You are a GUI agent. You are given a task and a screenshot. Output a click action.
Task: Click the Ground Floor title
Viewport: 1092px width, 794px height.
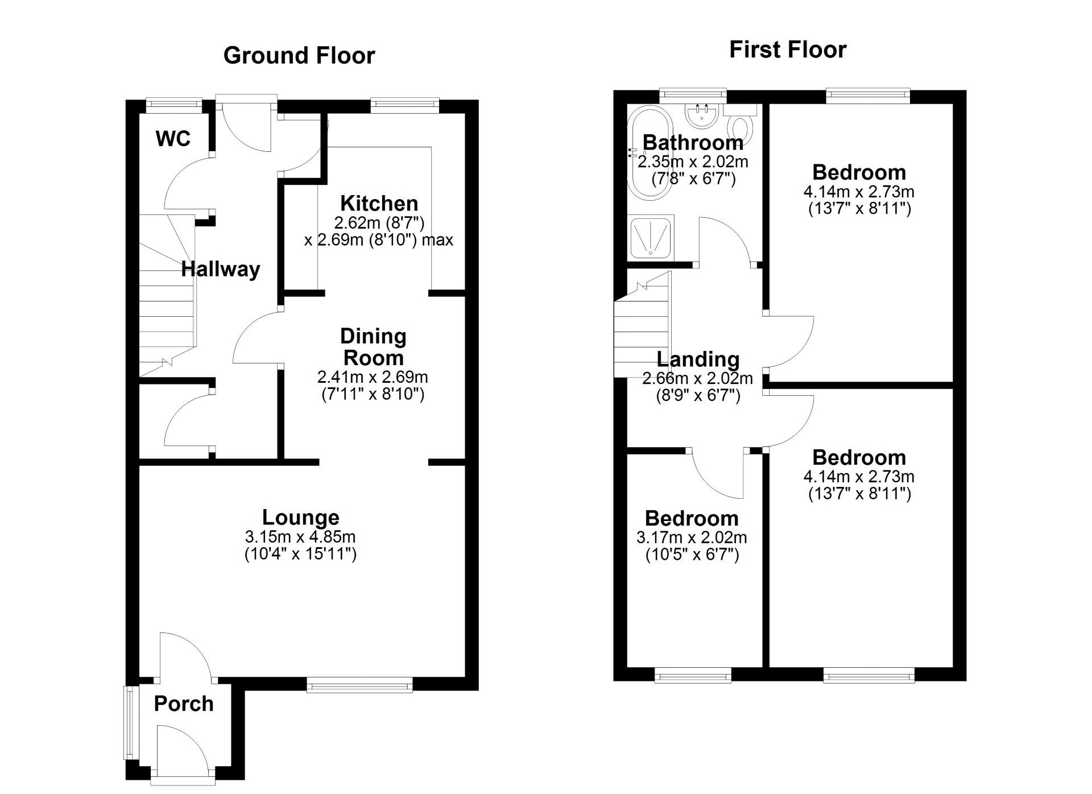[x=299, y=56]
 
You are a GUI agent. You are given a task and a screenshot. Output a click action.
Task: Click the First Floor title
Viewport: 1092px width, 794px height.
[x=788, y=50]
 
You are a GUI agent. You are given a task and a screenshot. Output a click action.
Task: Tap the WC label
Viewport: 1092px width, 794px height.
[x=173, y=139]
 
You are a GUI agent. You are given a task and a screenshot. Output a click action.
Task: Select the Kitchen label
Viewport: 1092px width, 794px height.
[x=379, y=203]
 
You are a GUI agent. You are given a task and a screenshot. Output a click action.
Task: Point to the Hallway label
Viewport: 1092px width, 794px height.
[x=221, y=269]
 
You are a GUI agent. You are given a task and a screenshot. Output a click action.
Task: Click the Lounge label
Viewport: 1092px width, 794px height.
[x=300, y=517]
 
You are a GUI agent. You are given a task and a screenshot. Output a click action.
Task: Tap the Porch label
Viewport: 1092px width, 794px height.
[x=184, y=704]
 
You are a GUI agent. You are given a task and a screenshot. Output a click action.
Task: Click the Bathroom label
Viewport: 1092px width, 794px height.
[x=693, y=142]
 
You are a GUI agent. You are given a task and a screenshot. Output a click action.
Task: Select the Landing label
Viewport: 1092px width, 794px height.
[x=698, y=359]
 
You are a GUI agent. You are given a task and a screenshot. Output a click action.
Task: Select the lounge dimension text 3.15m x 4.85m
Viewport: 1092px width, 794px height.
[x=300, y=536]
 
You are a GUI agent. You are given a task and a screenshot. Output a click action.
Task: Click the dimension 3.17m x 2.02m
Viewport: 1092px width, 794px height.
[x=692, y=537]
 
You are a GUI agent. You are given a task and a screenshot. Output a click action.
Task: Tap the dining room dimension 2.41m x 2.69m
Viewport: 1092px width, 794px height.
[x=373, y=377]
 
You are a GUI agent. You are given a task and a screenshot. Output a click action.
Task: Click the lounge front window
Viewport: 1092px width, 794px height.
[x=360, y=684]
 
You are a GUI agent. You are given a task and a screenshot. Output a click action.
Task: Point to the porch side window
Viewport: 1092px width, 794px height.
[x=129, y=722]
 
